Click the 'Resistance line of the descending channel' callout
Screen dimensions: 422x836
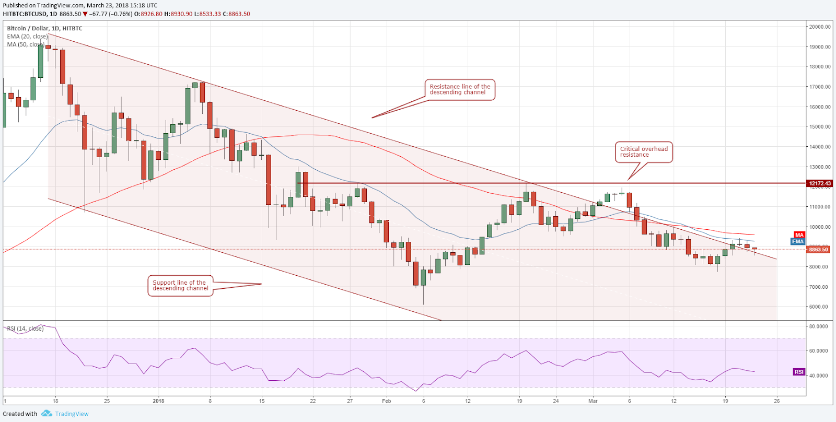coord(460,90)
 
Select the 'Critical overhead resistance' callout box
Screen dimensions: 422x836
coord(644,152)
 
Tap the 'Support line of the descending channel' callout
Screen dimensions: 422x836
coord(180,286)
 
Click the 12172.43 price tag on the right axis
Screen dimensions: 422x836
coord(819,183)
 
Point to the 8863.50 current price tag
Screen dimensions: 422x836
coord(818,250)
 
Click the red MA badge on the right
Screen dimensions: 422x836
coord(799,235)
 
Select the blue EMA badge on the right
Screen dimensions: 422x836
coord(798,241)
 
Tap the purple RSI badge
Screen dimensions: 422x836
coord(798,372)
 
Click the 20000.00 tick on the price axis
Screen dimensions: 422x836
coord(820,27)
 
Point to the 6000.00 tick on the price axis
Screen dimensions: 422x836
coord(820,307)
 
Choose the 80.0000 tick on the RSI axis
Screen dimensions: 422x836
coord(818,326)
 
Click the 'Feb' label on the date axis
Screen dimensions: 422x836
coord(386,401)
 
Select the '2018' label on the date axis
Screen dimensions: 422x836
coord(158,401)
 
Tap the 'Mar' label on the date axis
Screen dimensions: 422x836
coord(593,401)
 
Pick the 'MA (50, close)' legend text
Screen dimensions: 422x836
coord(25,44)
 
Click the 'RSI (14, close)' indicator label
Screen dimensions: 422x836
coord(25,329)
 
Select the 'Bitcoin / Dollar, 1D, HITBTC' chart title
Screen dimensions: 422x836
coord(44,28)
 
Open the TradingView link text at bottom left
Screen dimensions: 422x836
coord(72,414)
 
